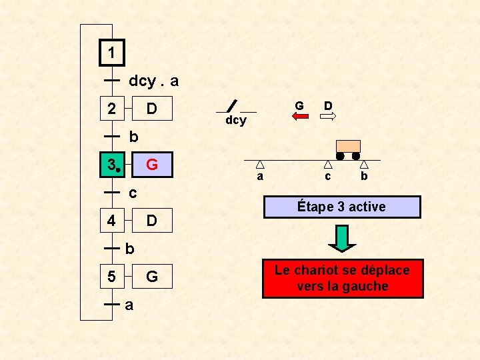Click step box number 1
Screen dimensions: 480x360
pos(112,53)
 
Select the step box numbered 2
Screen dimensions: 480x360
pos(112,108)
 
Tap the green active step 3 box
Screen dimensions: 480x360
pos(112,164)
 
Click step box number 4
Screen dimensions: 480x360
pos(112,220)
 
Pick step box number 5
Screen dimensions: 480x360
pos(112,275)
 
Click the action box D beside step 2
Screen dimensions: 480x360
pos(151,108)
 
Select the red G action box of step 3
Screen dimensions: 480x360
pos(151,164)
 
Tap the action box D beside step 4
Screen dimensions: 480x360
pos(151,220)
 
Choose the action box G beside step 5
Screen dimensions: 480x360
pos(151,275)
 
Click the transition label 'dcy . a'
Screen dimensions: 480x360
pos(153,81)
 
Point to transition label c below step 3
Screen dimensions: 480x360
pos(132,193)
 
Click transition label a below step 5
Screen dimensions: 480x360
pos(129,305)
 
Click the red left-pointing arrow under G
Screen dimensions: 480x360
pos(300,116)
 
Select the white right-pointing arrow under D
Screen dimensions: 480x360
pos(328,116)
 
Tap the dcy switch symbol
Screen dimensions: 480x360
pos(231,106)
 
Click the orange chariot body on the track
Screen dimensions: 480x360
pos(348,146)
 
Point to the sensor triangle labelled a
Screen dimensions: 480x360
pos(260,164)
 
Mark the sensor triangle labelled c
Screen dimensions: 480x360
pos(328,164)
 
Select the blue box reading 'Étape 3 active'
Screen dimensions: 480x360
pos(342,207)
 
